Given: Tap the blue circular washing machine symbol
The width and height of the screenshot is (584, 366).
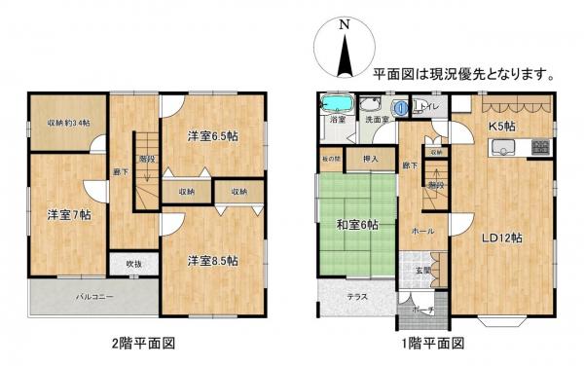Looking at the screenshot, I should [x=401, y=108].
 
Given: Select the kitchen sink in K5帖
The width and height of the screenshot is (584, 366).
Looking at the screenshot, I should [x=502, y=147].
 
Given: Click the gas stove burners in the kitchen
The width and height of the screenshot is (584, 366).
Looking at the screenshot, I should [x=540, y=147].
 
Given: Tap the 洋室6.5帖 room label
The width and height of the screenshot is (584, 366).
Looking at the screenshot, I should [x=213, y=136].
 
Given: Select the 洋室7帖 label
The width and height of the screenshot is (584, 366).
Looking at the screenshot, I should [x=66, y=214].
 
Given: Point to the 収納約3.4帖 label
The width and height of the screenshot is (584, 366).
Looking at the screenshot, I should [x=68, y=123].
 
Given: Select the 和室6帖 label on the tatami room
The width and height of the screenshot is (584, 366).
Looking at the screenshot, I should [x=358, y=225].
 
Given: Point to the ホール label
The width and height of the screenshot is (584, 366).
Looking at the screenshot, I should [x=422, y=231].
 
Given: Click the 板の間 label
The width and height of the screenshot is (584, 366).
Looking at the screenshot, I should [x=329, y=158].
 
